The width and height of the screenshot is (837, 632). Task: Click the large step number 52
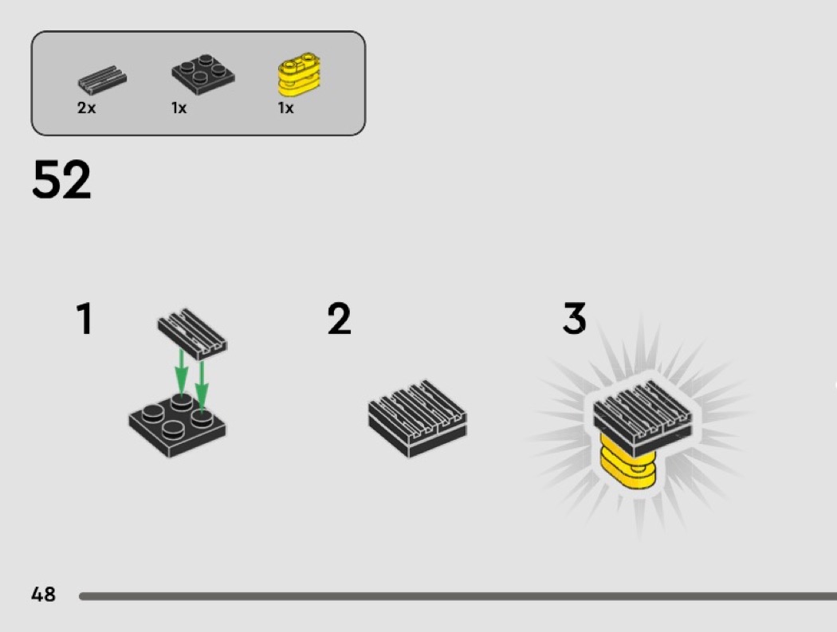point(61,179)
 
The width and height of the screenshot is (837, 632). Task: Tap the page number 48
point(43,594)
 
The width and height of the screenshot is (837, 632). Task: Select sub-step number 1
point(84,319)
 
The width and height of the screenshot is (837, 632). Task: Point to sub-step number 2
point(339,319)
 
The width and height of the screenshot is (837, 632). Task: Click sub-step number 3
point(575,319)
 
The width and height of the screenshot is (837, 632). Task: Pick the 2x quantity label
point(86,108)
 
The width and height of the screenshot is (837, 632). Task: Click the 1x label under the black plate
point(179,108)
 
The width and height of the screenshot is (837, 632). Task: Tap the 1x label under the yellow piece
point(285,108)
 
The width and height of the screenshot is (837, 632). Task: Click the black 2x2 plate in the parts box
point(203,75)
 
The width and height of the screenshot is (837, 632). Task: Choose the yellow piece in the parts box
point(300,74)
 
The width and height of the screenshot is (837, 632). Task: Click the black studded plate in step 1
point(177,426)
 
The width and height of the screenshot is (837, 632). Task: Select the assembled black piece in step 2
point(418,418)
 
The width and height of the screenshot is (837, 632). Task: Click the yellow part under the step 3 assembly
point(628,461)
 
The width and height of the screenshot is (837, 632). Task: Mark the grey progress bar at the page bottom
point(458,596)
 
